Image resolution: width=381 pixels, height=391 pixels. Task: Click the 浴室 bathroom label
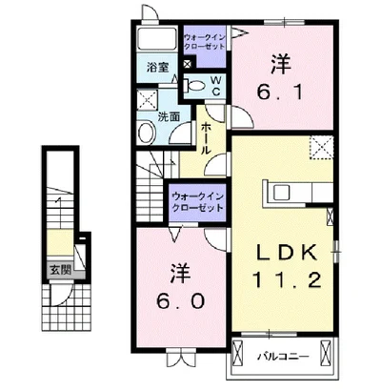[157, 67]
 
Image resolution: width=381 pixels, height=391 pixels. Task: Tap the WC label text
[216, 85]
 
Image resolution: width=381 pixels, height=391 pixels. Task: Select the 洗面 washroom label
[169, 117]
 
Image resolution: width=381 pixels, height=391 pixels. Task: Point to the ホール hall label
[207, 138]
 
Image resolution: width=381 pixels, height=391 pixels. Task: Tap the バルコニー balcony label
[282, 357]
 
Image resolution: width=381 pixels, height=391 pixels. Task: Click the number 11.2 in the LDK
[287, 279]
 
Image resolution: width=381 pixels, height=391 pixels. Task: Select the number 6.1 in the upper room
[280, 93]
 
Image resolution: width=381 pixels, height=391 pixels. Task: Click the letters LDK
[287, 252]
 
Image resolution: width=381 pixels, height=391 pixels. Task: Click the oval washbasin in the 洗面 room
[147, 133]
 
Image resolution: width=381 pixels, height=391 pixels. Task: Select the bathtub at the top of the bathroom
[157, 39]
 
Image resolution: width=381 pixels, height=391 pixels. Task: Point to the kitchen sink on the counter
[281, 192]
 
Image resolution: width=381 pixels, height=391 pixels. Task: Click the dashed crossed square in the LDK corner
[321, 147]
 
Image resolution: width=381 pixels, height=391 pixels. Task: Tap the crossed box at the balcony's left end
[237, 352]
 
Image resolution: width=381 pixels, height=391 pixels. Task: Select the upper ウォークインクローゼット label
[205, 42]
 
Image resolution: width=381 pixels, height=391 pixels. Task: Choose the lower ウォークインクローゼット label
[197, 202]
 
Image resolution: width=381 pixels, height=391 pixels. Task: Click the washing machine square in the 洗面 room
[148, 100]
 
